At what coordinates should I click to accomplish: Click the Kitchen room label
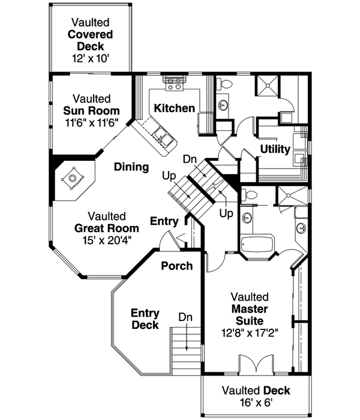(x=174, y=109)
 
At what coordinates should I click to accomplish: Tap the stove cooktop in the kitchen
(x=175, y=83)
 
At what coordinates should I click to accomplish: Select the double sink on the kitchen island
(x=163, y=136)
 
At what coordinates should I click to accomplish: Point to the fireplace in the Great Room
(x=73, y=178)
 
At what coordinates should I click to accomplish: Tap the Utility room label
(x=275, y=149)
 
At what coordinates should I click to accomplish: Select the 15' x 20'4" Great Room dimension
(x=106, y=240)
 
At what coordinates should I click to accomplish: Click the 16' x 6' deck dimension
(x=255, y=403)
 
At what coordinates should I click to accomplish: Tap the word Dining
(x=131, y=167)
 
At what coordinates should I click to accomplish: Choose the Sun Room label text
(x=91, y=111)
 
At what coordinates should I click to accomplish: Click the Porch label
(x=176, y=265)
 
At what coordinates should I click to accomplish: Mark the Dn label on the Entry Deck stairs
(x=185, y=316)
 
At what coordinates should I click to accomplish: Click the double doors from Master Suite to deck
(x=255, y=365)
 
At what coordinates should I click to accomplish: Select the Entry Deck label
(x=145, y=319)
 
